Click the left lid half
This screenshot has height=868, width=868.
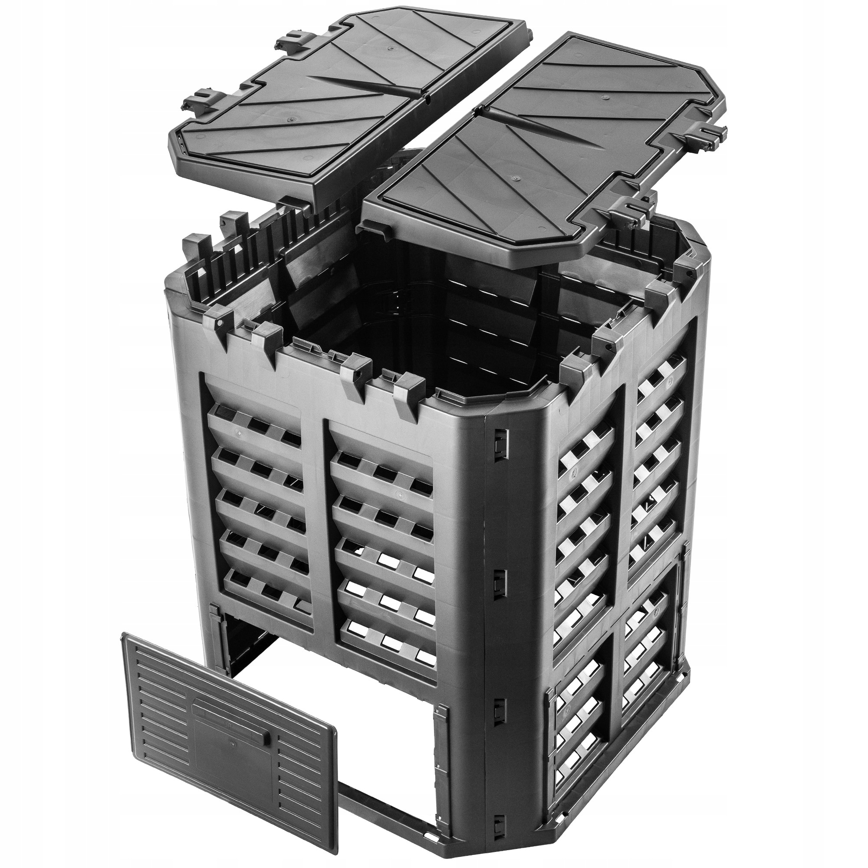(x=350, y=103)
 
